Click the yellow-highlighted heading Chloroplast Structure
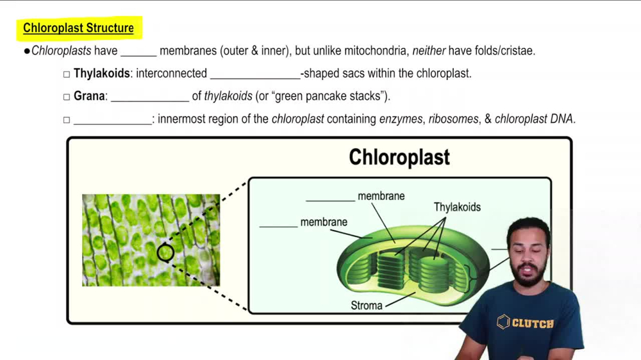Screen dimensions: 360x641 (x=78, y=28)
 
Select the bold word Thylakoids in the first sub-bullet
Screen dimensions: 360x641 (x=101, y=74)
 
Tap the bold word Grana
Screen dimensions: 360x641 (x=89, y=97)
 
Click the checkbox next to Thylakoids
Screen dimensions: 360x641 (x=67, y=74)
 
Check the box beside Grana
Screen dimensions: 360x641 (x=67, y=97)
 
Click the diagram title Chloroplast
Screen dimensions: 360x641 (x=399, y=158)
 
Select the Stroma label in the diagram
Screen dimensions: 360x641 (x=367, y=306)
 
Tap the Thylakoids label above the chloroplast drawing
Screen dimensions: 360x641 (x=457, y=207)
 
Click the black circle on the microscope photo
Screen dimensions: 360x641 (x=165, y=252)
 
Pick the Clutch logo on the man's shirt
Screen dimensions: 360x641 (x=526, y=322)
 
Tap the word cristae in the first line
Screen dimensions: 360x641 (x=516, y=51)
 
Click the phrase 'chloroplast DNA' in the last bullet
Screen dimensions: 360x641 (x=534, y=119)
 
